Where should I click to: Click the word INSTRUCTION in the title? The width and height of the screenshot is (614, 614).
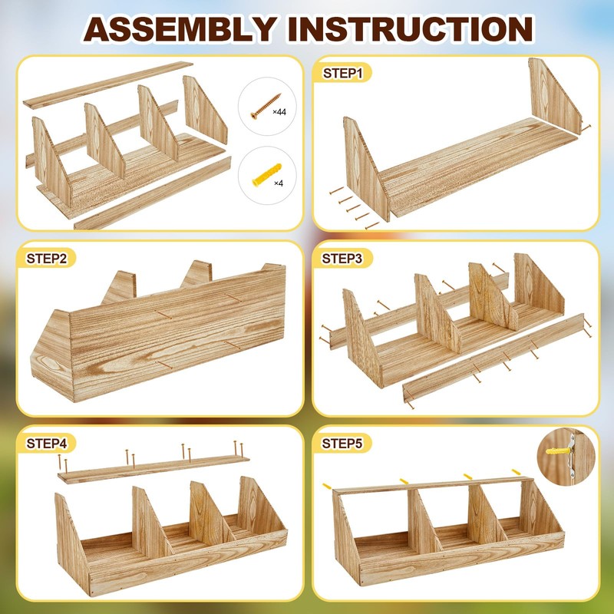click(x=411, y=28)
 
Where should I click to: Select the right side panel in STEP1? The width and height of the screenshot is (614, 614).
click(x=550, y=95)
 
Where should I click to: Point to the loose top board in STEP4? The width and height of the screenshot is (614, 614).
click(x=153, y=469)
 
